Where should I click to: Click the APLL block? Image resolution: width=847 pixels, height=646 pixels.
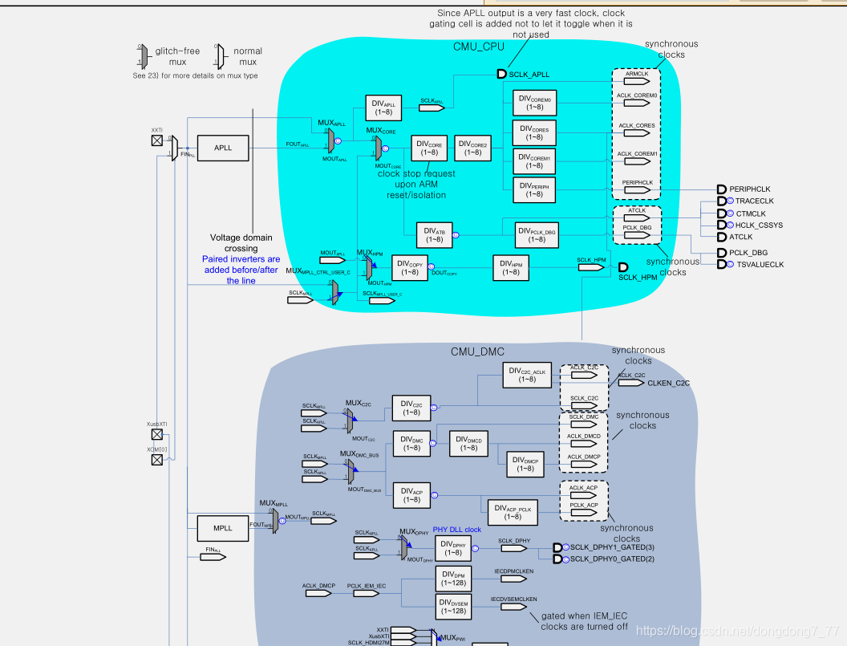click(222, 148)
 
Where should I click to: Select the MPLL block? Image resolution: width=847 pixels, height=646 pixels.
click(222, 528)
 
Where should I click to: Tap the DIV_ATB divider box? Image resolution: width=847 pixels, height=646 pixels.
click(434, 234)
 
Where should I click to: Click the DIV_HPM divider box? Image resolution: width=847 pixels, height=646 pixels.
click(510, 267)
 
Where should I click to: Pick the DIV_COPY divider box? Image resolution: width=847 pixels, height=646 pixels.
click(410, 267)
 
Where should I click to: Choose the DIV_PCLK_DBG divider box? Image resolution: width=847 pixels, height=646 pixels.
click(536, 234)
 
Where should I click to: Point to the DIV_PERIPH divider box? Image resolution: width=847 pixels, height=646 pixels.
click(533, 189)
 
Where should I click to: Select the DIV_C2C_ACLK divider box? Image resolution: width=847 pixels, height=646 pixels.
click(527, 374)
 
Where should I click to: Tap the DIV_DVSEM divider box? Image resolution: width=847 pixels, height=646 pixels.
click(454, 606)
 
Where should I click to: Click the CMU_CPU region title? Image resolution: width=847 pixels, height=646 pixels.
click(479, 47)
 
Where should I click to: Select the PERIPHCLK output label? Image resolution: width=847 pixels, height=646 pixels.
click(750, 189)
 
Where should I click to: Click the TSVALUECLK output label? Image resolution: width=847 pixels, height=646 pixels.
click(760, 264)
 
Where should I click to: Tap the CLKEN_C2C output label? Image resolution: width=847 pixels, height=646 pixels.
click(668, 383)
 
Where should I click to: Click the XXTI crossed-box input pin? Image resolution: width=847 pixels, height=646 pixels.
click(157, 141)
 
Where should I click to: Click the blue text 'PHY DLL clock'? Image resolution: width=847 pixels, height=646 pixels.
click(457, 530)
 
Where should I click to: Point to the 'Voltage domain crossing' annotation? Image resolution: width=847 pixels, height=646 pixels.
click(241, 242)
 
